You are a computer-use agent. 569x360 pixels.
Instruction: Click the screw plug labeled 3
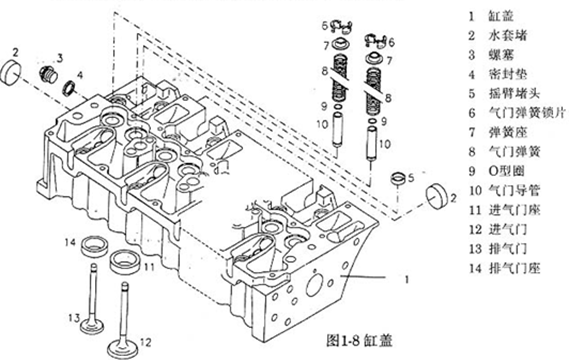(48, 74)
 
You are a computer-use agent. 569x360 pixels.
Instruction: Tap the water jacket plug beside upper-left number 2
(11, 72)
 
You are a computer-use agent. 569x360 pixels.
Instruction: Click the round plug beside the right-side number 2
(437, 196)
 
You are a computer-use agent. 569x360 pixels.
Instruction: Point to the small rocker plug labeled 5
(398, 178)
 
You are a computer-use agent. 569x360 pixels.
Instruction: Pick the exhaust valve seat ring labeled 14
(94, 246)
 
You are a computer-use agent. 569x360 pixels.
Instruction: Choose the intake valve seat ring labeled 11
(124, 262)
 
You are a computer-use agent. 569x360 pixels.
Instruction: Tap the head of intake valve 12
(123, 348)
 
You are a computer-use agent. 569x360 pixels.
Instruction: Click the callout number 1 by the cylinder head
(407, 279)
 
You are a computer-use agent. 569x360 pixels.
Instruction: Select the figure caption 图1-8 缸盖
(359, 340)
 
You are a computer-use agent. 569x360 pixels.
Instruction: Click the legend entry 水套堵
(507, 36)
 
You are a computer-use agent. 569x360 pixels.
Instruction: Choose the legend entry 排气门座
(514, 268)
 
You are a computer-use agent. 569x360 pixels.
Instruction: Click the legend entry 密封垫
(507, 74)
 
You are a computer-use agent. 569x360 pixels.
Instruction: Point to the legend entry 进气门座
(514, 210)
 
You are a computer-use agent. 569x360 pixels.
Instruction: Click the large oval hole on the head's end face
(314, 283)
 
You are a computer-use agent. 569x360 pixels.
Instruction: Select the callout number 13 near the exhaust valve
(74, 318)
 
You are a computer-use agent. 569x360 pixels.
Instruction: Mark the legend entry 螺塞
(500, 55)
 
